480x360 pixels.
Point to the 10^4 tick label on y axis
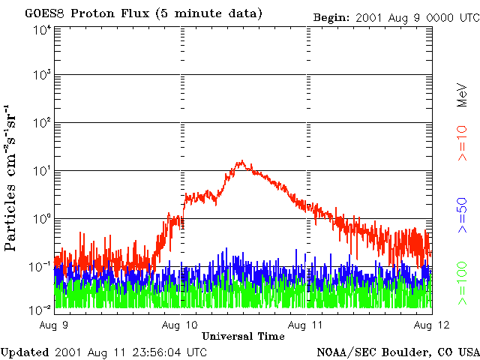click(x=42, y=31)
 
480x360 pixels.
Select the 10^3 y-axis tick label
click(x=42, y=75)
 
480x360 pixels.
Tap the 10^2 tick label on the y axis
click(x=42, y=123)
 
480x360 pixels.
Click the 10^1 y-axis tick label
click(x=42, y=171)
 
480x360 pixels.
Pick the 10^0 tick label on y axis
click(x=42, y=219)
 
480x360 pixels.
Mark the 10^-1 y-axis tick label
click(x=40, y=267)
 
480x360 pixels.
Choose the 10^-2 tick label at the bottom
click(x=40, y=310)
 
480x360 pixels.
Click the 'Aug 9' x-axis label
click(x=54, y=325)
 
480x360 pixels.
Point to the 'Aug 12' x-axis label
click(x=432, y=325)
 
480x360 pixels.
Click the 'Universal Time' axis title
click(x=243, y=336)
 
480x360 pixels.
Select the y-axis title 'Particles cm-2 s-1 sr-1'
click(x=10, y=178)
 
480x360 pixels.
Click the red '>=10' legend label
click(x=463, y=143)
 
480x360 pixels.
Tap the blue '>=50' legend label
click(x=463, y=215)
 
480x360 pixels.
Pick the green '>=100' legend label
click(x=463, y=283)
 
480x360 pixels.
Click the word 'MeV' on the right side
click(x=463, y=95)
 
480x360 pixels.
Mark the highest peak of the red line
click(x=242, y=160)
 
